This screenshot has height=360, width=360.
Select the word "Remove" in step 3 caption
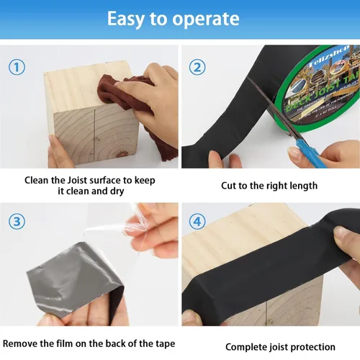(21, 343)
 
